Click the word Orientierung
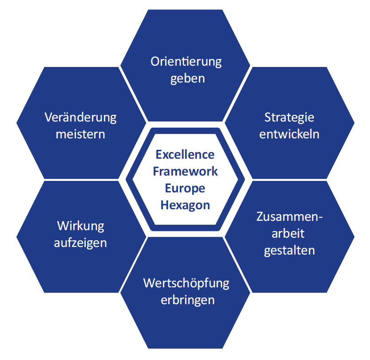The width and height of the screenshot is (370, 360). coord(186,62)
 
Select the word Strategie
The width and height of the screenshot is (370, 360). coord(289,117)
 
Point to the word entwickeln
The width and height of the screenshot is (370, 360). coord(289,134)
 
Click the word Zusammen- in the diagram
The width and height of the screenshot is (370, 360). coord(289,217)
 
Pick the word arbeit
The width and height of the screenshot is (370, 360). coord(289,233)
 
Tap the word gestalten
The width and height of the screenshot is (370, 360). coord(289,250)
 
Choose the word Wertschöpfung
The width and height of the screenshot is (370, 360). coord(186,283)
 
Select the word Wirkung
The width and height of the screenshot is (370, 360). coord(81,226)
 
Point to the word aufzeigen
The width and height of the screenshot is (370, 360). coord(81,243)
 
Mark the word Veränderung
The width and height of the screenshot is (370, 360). coord(81,117)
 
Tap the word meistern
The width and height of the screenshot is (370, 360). coord(81,134)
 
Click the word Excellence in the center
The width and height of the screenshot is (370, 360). coord(185,155)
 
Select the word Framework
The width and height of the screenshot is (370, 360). coord(185,171)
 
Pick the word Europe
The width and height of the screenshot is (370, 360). coord(185,188)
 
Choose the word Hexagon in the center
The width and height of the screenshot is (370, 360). coord(185,205)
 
